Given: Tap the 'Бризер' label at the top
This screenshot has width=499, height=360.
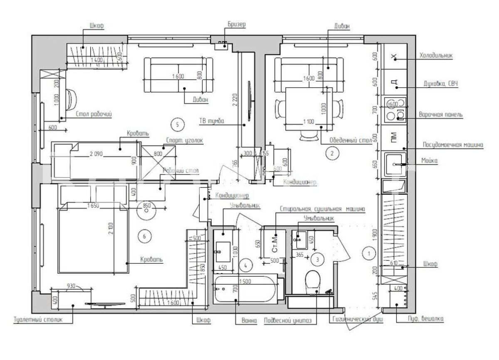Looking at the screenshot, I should point(237,24).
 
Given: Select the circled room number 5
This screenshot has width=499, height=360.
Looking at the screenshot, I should point(178,124).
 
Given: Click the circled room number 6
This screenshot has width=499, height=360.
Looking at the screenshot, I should point(144,237).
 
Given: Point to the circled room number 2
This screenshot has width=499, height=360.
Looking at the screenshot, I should point(331,153).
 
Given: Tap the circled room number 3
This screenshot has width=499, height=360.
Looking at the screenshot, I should point(318,259).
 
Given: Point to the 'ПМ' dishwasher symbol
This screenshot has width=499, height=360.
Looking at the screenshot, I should point(393,136).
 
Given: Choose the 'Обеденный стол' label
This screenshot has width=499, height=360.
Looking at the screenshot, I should point(350,140).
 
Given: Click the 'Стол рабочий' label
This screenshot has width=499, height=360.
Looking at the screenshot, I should point(94,113).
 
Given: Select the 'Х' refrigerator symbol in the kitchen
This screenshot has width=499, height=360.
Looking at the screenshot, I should point(395,57).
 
